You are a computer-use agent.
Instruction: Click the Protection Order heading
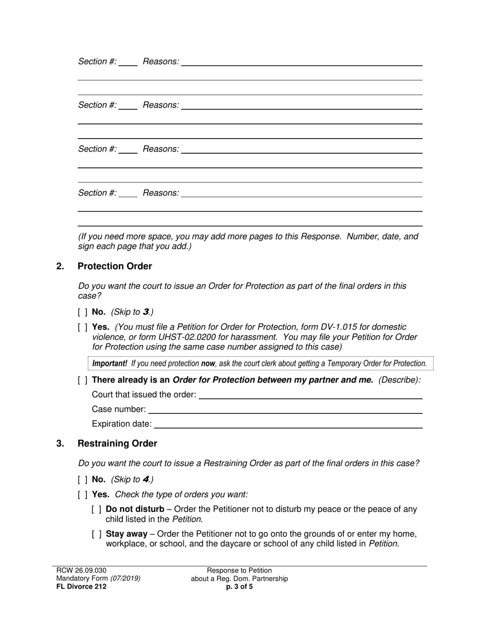click(x=114, y=266)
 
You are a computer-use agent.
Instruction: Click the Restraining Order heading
click(x=117, y=444)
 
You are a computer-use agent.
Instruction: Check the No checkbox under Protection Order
click(x=83, y=312)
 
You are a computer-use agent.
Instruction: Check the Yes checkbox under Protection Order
click(x=83, y=327)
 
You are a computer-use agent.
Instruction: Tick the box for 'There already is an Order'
click(x=83, y=380)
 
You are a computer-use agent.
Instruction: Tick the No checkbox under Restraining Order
click(x=83, y=479)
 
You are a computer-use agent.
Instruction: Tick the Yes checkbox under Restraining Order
click(x=83, y=494)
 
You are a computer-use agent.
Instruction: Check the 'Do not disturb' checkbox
click(x=97, y=510)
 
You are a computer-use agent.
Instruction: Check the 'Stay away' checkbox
click(x=97, y=534)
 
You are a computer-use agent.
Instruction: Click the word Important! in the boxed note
click(x=109, y=363)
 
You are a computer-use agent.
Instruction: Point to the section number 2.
click(x=61, y=266)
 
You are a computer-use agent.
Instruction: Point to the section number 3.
click(x=61, y=444)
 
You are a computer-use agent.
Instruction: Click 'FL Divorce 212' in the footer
click(x=81, y=587)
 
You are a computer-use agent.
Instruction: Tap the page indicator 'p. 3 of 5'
click(x=239, y=587)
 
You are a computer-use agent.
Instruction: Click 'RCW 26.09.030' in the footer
click(x=81, y=571)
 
